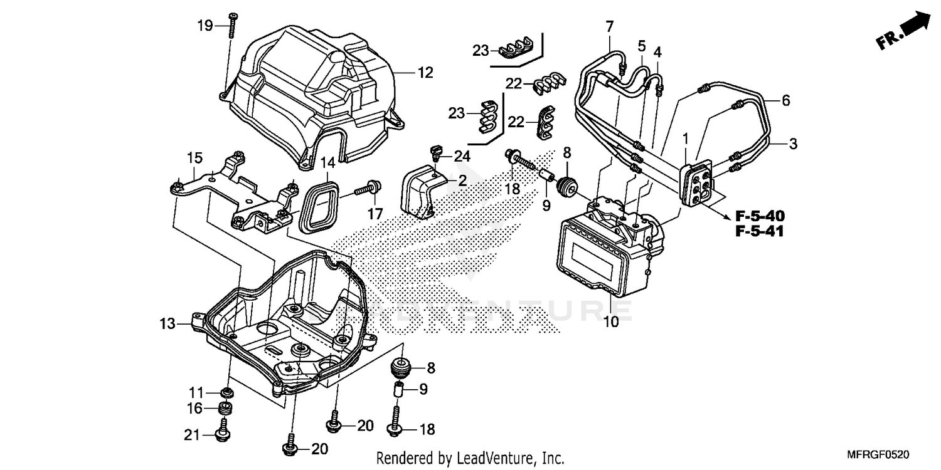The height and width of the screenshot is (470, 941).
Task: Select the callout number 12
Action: coord(425,73)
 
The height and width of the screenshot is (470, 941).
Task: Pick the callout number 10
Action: coord(611,322)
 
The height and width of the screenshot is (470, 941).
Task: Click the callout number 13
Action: coord(166,323)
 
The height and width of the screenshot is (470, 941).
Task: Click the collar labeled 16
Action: coord(225,409)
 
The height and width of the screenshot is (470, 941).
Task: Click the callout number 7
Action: coord(609,26)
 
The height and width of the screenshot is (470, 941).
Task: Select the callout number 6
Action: coord(785,100)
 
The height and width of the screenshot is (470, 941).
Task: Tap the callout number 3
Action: coord(793,144)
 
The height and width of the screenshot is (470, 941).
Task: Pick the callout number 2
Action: coord(462,180)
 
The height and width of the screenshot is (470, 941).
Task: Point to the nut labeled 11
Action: coord(226,393)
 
